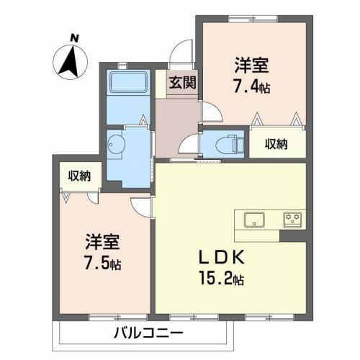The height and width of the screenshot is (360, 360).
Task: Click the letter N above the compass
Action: coord(75,39)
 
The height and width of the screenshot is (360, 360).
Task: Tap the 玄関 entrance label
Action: coord(183,83)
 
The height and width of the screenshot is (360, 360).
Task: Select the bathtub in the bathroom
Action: coord(128,82)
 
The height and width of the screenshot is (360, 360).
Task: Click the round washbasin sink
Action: coord(117,145)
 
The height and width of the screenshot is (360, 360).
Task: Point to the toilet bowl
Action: coord(225,145)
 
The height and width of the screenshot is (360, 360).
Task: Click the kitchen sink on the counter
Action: coord(254,220)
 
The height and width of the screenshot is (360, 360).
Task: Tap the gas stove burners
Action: coord(292,220)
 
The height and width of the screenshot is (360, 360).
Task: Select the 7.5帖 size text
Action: coord(103,263)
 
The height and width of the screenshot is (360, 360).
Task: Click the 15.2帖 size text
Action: coord(221,279)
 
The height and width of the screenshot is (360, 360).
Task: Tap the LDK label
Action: coord(222,257)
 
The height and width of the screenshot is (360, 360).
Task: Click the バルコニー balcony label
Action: coord(148,333)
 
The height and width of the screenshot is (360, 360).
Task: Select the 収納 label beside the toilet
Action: coord(276,144)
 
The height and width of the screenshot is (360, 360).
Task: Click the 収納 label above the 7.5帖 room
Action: coord(79,176)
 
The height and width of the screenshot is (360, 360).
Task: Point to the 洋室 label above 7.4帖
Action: coord(251,66)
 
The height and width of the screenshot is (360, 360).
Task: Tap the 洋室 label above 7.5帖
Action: coord(102,241)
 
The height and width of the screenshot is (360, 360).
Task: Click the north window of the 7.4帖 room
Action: coord(253,19)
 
